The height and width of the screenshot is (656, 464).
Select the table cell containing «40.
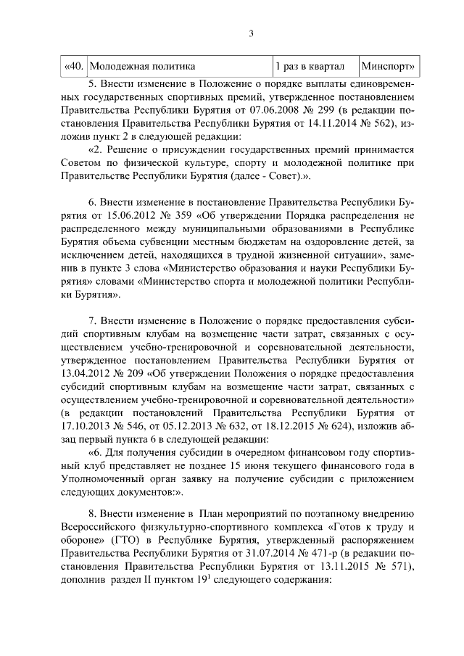(72, 67)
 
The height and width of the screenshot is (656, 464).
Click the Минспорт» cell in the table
(389, 67)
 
